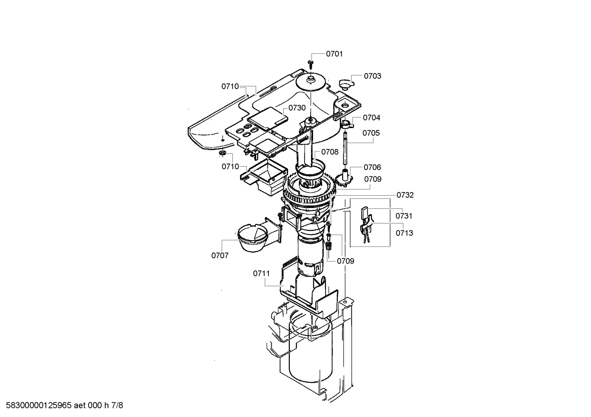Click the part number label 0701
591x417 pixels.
(x=334, y=54)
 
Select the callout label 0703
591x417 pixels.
(x=372, y=76)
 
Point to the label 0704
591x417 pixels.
(x=371, y=118)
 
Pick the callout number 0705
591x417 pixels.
(x=371, y=133)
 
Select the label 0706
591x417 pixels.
(x=372, y=167)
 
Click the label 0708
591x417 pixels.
(x=330, y=152)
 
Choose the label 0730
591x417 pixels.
(x=297, y=108)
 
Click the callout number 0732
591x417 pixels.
(x=405, y=195)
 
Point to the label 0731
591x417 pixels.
(x=404, y=216)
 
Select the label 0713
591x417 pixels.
(x=404, y=233)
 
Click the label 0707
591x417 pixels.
(x=220, y=255)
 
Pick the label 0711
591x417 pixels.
(x=261, y=273)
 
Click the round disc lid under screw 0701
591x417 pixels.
(x=311, y=82)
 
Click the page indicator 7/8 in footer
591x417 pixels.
(x=117, y=406)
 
